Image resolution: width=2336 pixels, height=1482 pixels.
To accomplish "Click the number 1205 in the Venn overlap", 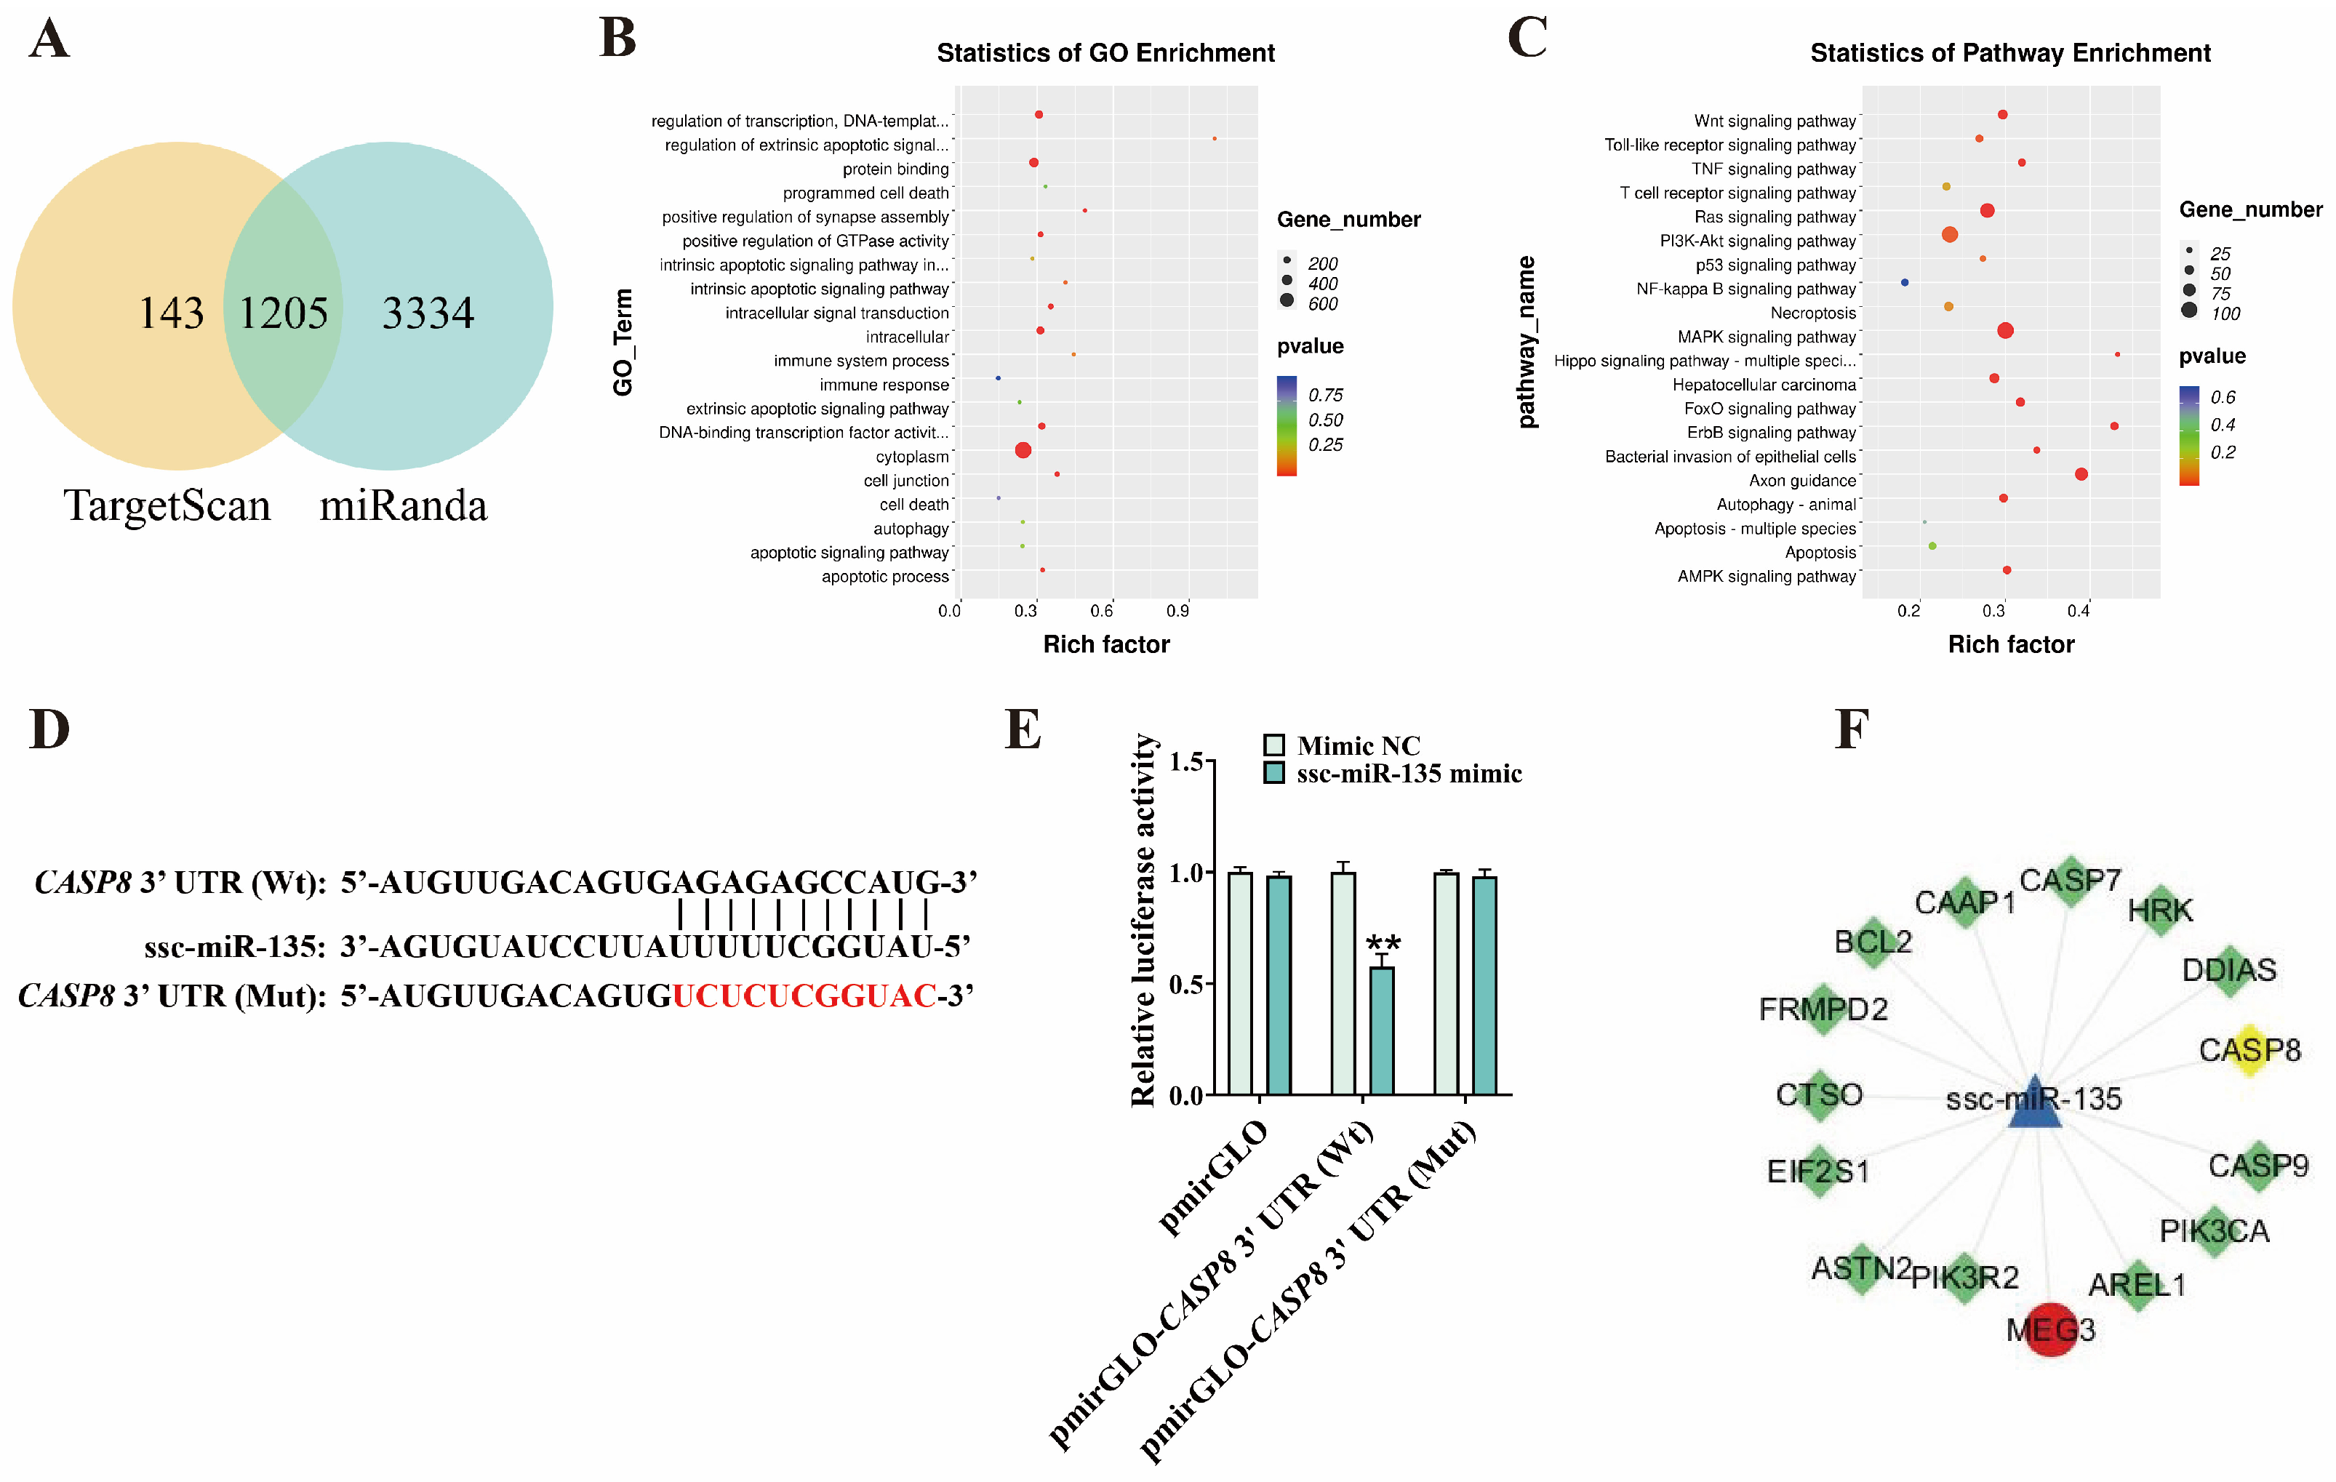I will pyautogui.click(x=283, y=312).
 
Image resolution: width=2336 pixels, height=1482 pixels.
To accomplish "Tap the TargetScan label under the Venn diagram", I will pyautogui.click(x=167, y=505).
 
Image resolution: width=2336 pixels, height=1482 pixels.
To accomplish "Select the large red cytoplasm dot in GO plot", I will pyautogui.click(x=1023, y=450).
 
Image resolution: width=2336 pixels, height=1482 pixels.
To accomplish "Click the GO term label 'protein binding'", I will pyautogui.click(x=895, y=169).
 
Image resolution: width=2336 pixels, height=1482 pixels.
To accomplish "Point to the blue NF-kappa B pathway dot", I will pyautogui.click(x=1904, y=282).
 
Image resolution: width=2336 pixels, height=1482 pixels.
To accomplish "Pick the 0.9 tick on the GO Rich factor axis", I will pyautogui.click(x=1177, y=611).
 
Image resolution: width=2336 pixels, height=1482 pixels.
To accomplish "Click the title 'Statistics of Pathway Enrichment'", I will pyautogui.click(x=2010, y=53).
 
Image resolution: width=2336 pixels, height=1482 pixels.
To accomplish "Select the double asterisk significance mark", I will pyautogui.click(x=1383, y=942).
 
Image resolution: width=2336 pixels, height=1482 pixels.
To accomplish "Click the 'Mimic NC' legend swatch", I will pyautogui.click(x=1273, y=745).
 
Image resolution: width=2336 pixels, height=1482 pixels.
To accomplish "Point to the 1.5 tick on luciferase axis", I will pyautogui.click(x=1186, y=762).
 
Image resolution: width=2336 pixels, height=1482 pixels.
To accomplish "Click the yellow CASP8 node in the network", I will pyautogui.click(x=2249, y=1050).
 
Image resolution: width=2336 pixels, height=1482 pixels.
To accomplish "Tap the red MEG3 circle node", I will pyautogui.click(x=2051, y=1329).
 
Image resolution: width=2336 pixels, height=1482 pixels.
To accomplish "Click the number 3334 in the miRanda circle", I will pyautogui.click(x=428, y=312).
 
